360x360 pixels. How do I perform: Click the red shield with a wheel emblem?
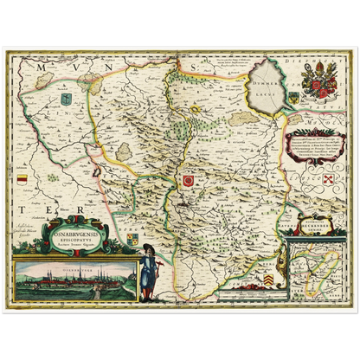coord(186,180)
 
